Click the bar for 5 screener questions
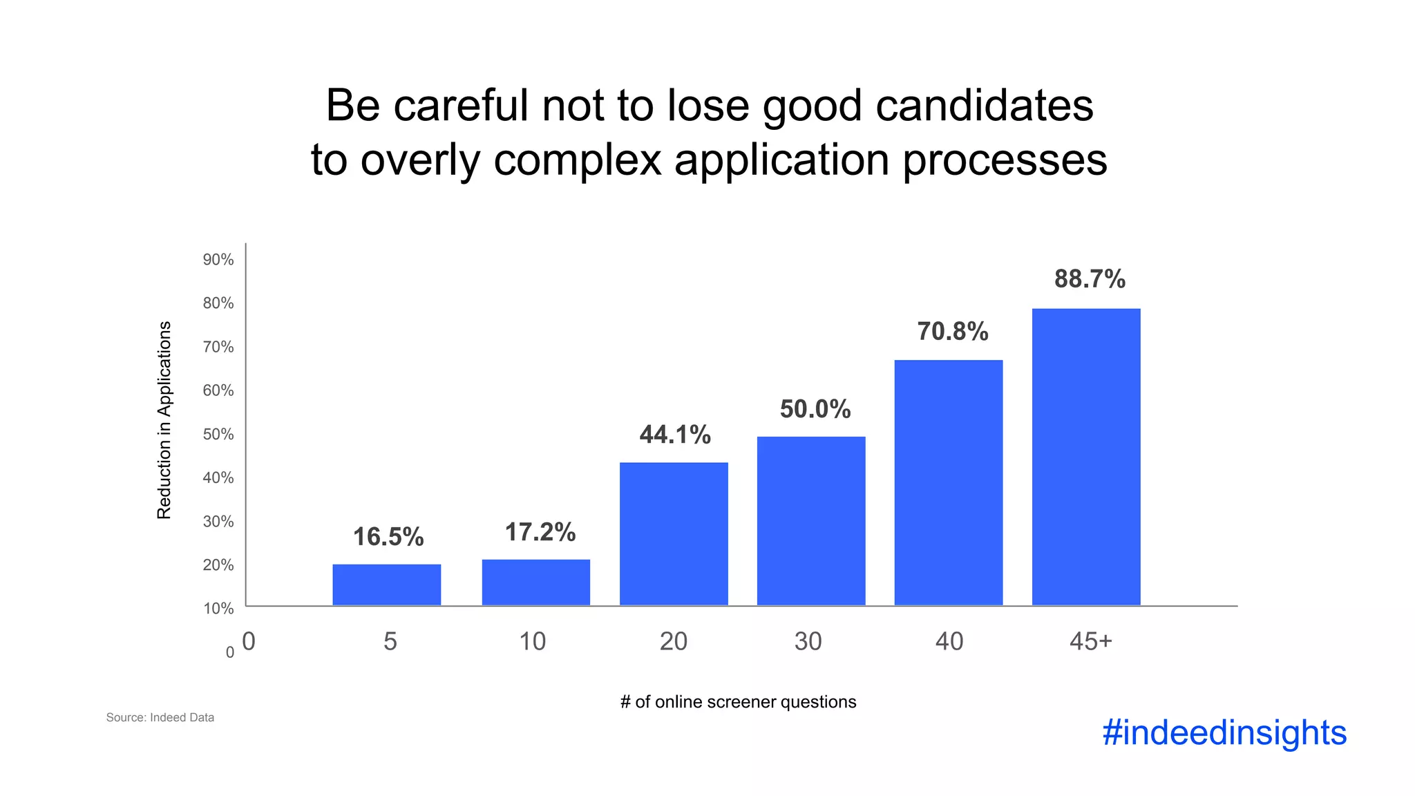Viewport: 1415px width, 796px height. (x=387, y=585)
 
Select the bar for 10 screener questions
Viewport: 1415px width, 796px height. (x=536, y=582)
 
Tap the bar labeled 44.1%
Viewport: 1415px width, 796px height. (x=674, y=533)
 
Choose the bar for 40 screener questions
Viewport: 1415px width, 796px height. (x=949, y=482)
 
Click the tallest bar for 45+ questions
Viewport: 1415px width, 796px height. (x=1086, y=457)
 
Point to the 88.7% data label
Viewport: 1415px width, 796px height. (x=1090, y=279)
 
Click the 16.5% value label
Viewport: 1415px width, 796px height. (x=388, y=537)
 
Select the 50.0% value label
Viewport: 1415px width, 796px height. (x=815, y=409)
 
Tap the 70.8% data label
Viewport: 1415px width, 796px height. (x=953, y=332)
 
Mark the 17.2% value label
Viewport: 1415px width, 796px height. (x=540, y=532)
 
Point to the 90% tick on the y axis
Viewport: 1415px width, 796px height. (x=218, y=260)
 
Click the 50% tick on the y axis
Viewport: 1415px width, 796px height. (x=218, y=435)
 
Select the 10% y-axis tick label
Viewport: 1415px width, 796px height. (x=218, y=609)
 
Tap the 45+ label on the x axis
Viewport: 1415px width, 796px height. (x=1091, y=642)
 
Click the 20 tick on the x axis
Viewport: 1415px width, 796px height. (x=674, y=642)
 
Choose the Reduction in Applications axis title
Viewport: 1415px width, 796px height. (x=164, y=420)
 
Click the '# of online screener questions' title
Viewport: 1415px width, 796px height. (x=738, y=702)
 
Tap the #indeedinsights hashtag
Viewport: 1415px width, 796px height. (x=1224, y=732)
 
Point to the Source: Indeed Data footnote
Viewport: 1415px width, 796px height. (x=160, y=717)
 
